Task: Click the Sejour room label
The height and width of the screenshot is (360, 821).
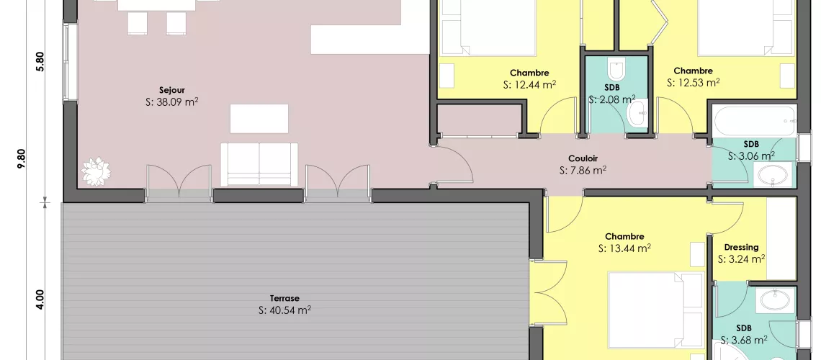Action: (x=172, y=90)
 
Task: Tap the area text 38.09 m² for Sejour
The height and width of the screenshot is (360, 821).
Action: (x=172, y=102)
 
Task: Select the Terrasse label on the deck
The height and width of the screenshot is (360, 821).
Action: (x=285, y=298)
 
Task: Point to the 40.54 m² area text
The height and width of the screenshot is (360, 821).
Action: (x=285, y=310)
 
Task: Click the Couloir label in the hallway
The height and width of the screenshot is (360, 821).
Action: (x=583, y=159)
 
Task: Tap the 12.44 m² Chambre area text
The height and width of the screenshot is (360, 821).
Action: (x=529, y=85)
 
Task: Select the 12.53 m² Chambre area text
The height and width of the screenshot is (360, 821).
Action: (x=693, y=83)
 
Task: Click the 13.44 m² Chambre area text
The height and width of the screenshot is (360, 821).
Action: (x=624, y=248)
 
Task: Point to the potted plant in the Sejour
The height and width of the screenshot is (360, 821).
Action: (x=95, y=171)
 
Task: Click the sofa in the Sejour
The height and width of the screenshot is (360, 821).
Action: (x=259, y=163)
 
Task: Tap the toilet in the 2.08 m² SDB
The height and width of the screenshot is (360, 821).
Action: (x=616, y=70)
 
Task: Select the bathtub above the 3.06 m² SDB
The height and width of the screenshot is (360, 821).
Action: (x=754, y=119)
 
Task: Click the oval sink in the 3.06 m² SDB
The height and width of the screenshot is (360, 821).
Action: (x=773, y=175)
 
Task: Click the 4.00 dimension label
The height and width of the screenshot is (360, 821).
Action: (x=40, y=299)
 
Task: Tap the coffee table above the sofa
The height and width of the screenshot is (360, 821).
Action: (x=259, y=118)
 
